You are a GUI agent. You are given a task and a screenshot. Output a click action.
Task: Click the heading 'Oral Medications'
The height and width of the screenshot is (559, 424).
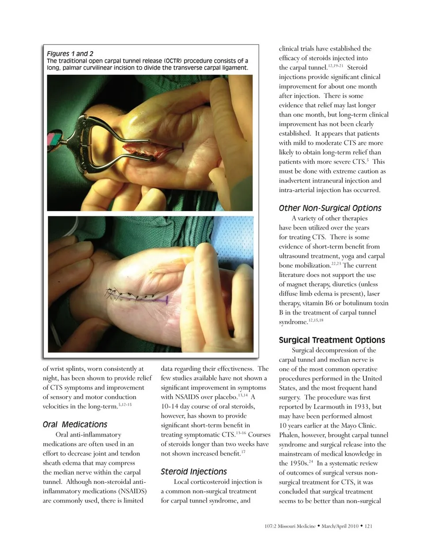pyautogui.click(x=75, y=424)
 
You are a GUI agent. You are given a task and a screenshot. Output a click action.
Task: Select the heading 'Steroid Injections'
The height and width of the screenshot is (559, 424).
pyautogui.click(x=193, y=472)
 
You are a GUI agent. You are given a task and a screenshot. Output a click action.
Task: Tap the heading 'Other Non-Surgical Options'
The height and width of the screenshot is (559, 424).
pyautogui.click(x=330, y=208)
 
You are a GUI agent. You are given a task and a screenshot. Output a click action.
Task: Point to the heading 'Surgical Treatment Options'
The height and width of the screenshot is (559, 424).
pyautogui.click(x=332, y=340)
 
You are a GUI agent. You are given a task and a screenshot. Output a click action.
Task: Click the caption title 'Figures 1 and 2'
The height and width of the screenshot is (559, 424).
pyautogui.click(x=70, y=54)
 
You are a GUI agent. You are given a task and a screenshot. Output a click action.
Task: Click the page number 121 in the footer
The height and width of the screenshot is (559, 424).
pyautogui.click(x=369, y=526)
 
